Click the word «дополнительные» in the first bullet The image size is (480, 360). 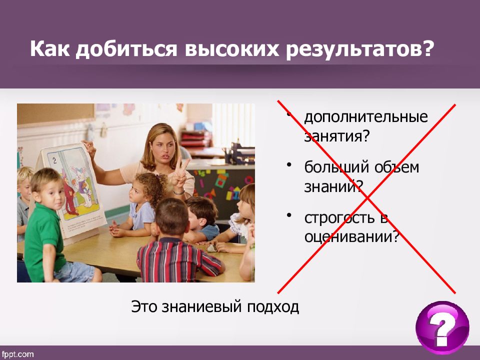(x=366, y=117)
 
